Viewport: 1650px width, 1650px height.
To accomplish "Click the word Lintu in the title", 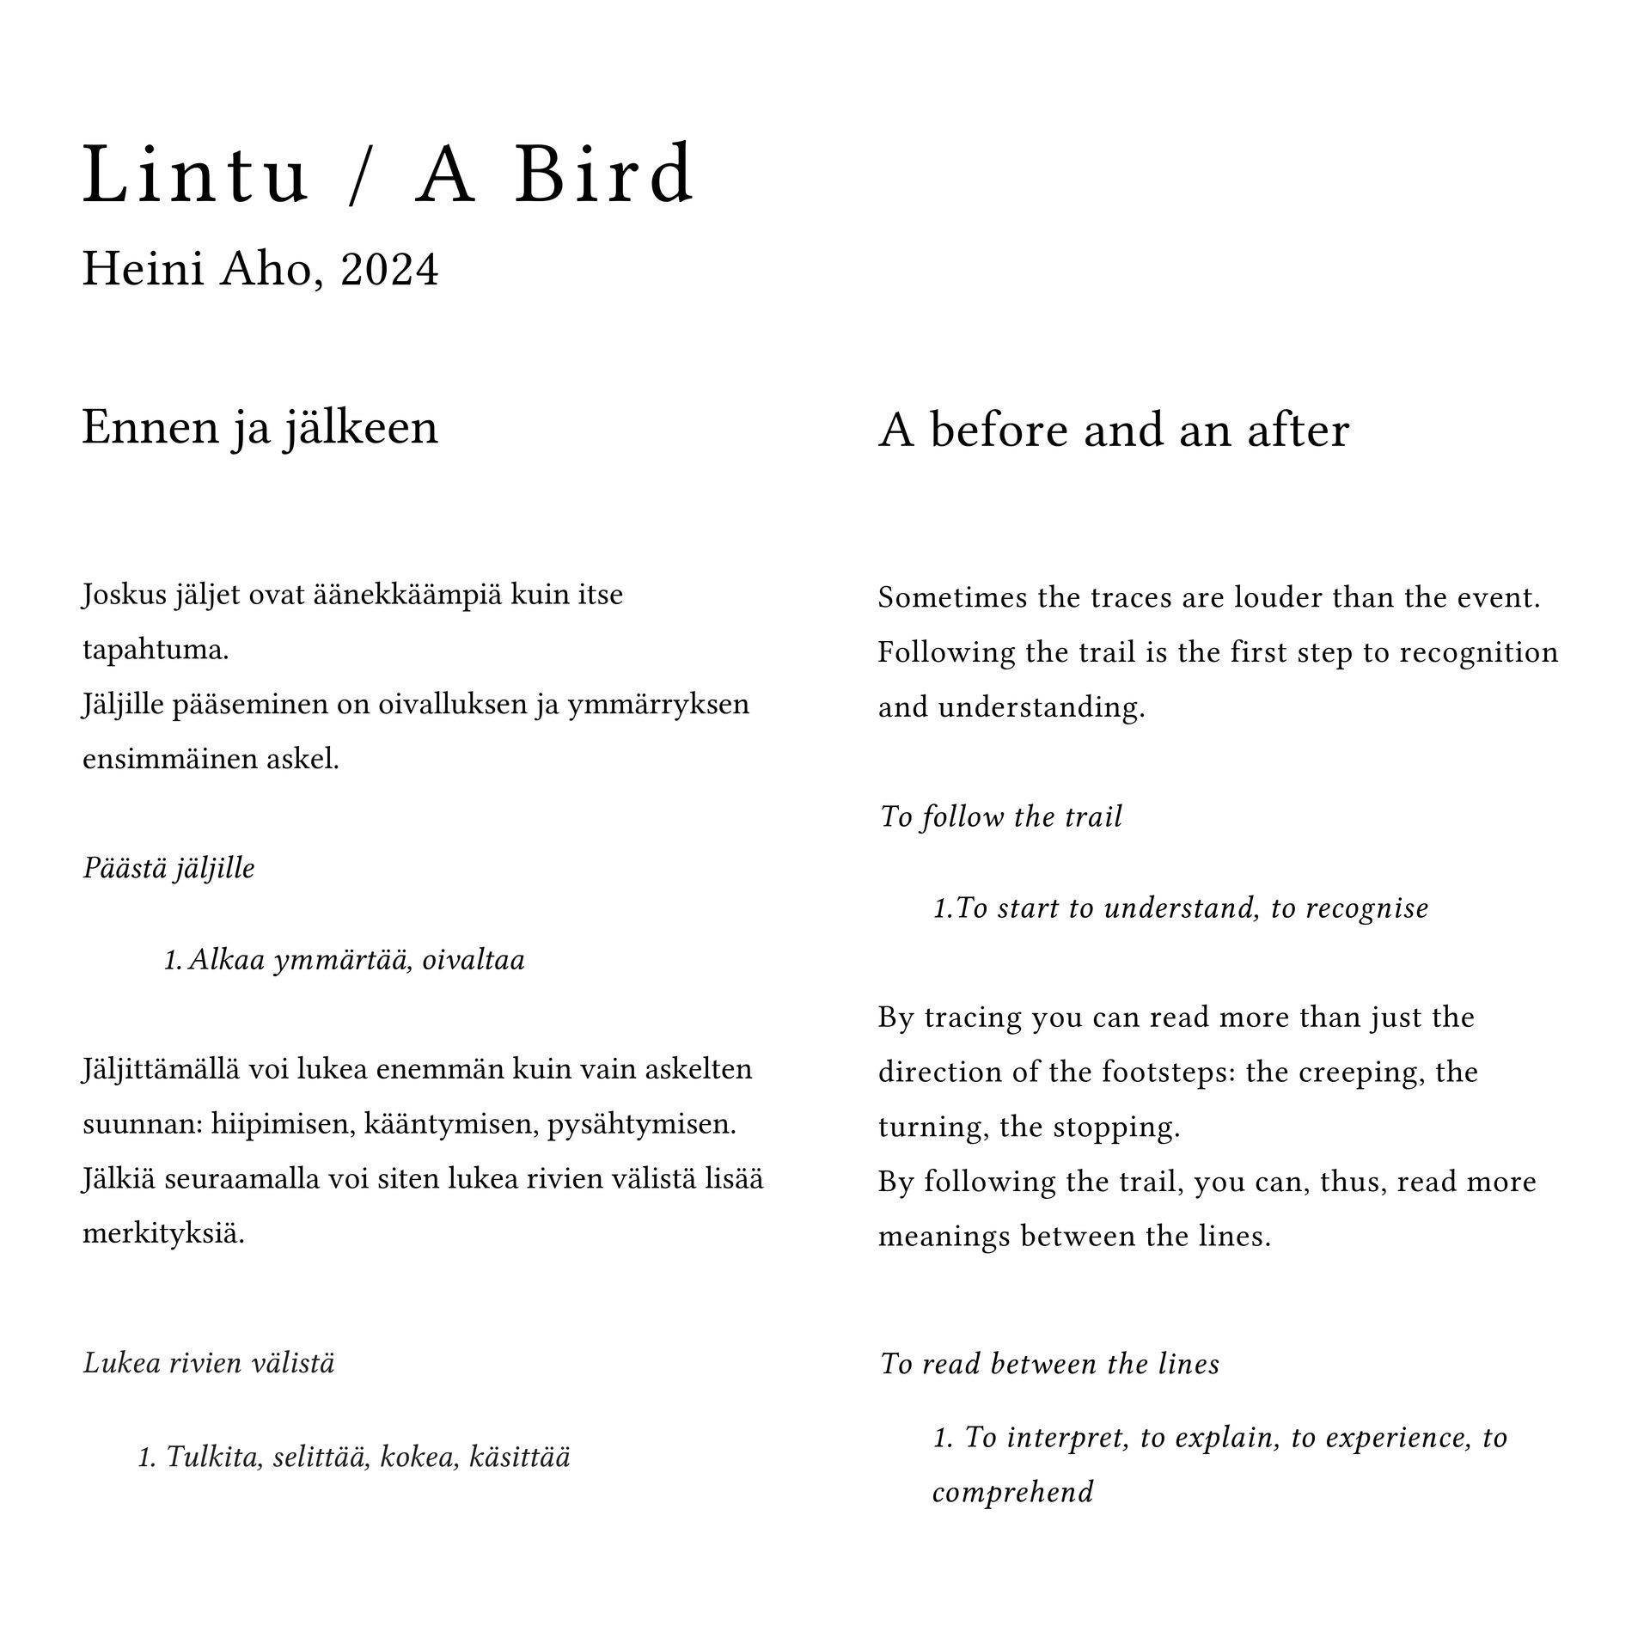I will (x=195, y=175).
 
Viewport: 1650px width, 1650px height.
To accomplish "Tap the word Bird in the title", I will (x=604, y=175).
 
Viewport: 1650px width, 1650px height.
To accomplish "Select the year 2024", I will (x=389, y=270).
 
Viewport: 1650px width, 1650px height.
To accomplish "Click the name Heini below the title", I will (x=143, y=270).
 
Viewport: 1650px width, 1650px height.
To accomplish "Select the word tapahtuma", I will (x=156, y=650).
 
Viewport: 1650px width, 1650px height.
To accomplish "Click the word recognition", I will (x=1479, y=652).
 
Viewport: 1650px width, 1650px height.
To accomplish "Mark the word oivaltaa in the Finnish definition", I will (x=474, y=960).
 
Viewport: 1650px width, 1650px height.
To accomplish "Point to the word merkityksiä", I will (x=163, y=1235).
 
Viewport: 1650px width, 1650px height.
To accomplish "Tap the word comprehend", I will (x=1012, y=1493).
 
